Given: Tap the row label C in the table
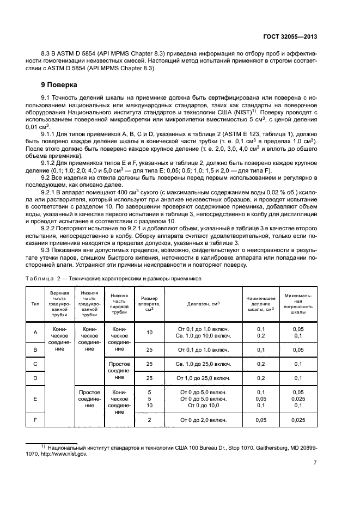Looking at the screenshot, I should point(35,363).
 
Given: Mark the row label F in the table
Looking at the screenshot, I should point(35,420).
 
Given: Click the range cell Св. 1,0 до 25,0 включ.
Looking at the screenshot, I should point(203,363).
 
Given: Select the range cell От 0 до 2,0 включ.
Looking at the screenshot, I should point(203,420).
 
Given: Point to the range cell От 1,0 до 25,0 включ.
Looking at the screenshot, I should point(203,378).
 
